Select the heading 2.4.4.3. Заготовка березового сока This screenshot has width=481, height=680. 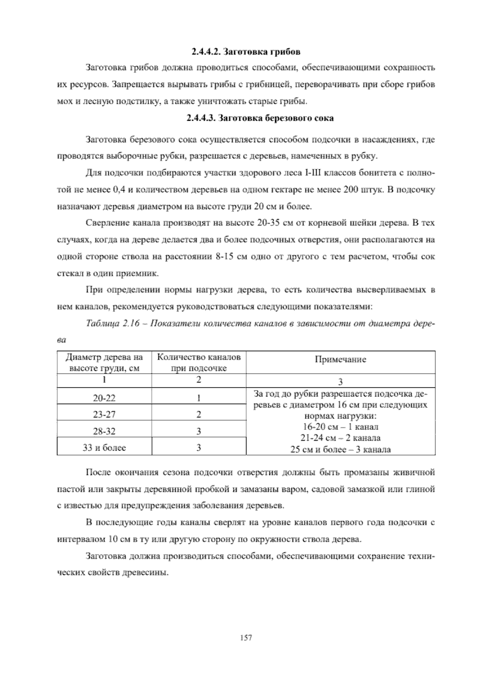260,118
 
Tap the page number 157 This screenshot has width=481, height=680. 246,637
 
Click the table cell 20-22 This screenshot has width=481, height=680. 104,398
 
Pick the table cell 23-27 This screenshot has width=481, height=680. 104,415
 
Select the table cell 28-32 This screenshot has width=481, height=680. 104,431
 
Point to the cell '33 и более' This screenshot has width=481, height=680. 104,448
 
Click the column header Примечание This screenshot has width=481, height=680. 340,359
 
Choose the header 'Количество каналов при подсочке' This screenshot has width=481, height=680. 199,362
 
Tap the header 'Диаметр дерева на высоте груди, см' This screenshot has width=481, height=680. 104,362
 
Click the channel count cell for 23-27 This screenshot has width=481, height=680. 199,415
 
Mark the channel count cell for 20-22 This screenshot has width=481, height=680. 199,398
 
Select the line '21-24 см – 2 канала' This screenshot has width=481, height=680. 340,438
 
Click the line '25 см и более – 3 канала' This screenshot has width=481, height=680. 340,449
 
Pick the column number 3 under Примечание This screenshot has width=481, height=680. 340,381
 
